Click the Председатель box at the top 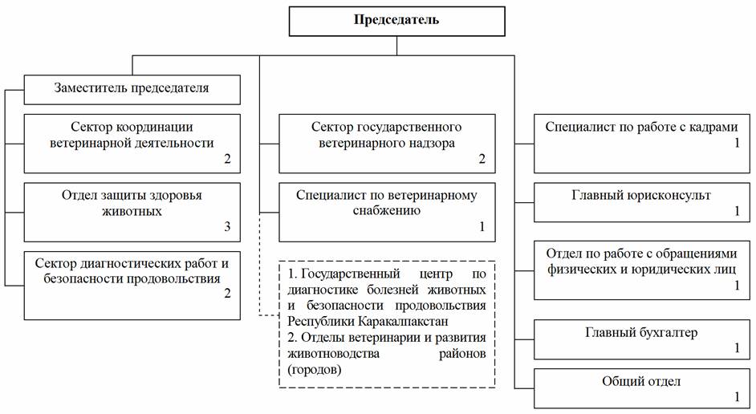[396, 20]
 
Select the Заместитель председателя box [132, 88]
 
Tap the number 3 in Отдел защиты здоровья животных [227, 228]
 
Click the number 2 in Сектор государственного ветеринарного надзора [482, 159]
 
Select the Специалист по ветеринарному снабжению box [386, 212]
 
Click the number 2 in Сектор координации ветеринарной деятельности [227, 159]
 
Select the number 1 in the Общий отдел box [735, 396]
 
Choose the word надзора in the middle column [429, 144]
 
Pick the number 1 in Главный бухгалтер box [735, 347]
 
